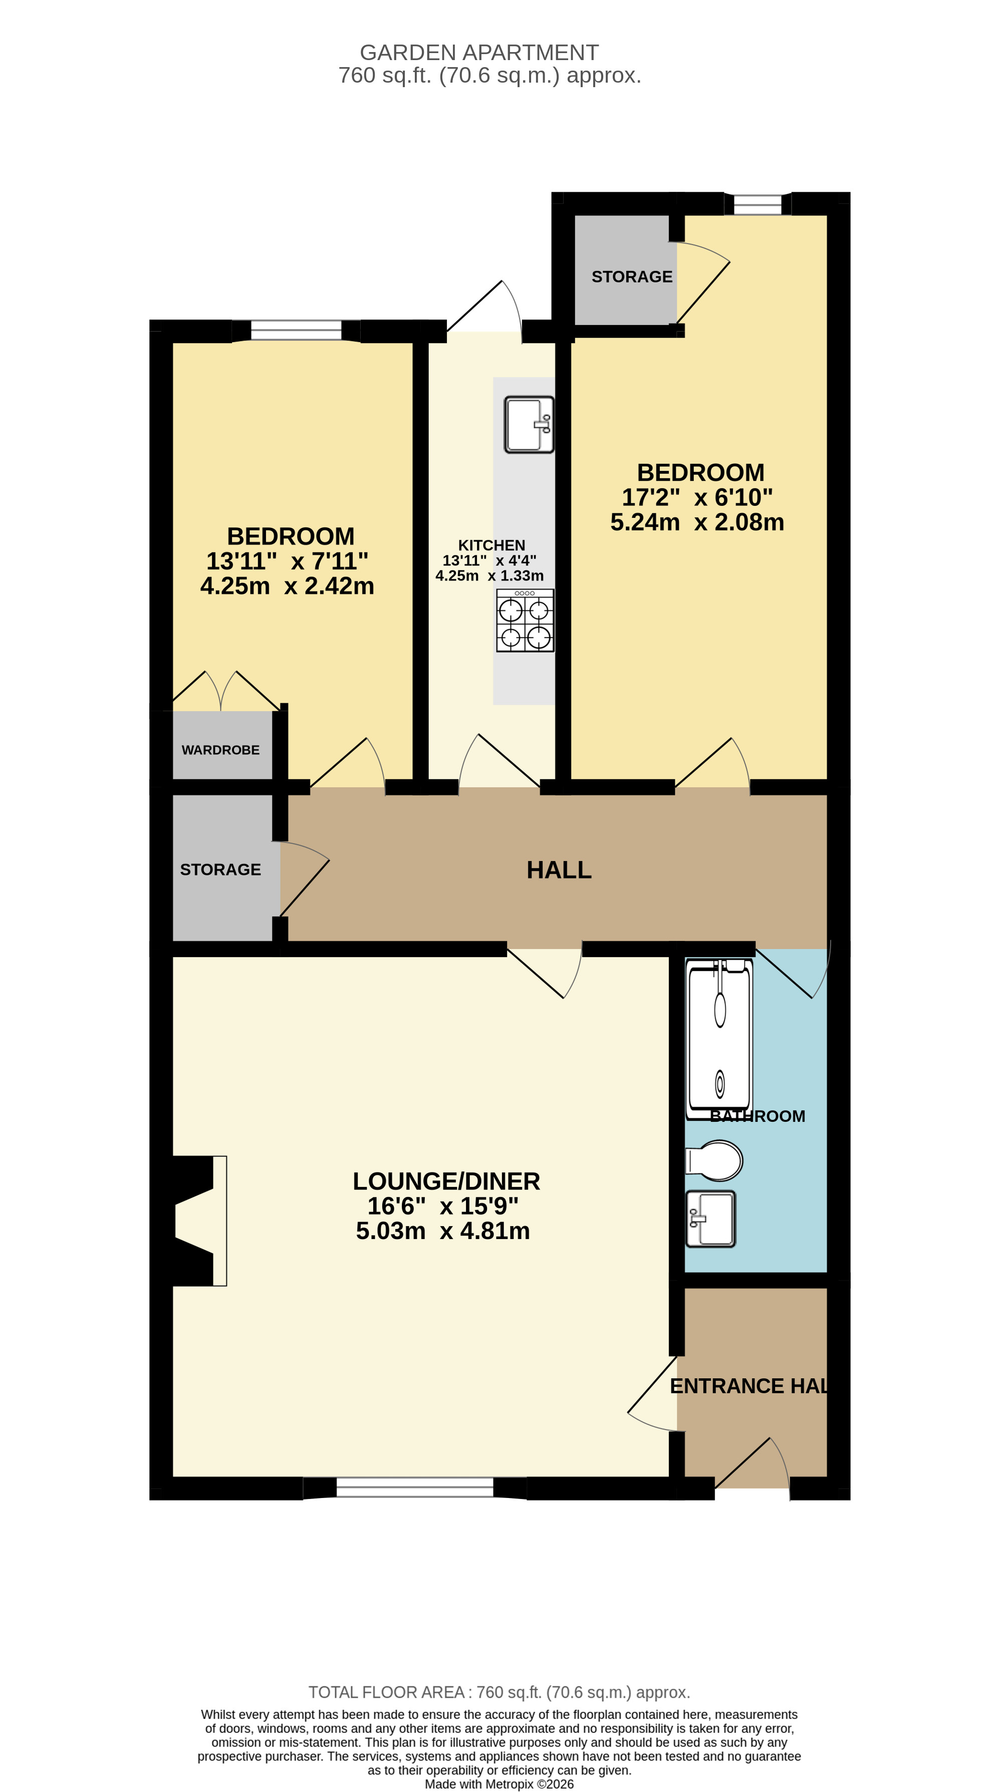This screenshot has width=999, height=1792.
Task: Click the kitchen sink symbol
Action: pos(529,424)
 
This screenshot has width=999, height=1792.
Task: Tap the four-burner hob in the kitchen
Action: pos(525,621)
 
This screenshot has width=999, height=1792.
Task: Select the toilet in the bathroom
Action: pos(715,1160)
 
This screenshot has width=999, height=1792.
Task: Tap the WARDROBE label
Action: pos(220,750)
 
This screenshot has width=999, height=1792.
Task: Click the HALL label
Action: pos(559,870)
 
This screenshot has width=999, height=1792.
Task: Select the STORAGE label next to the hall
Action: pos(220,869)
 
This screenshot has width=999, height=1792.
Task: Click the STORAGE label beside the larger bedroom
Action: pos(632,277)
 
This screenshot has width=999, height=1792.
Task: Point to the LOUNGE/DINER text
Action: pos(446,1181)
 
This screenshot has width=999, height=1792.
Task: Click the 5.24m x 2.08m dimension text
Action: pos(697,522)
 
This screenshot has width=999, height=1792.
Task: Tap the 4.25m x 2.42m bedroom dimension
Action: pos(287,586)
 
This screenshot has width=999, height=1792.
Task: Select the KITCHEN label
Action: pos(491,545)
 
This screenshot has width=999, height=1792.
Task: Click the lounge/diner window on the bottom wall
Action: pos(415,1487)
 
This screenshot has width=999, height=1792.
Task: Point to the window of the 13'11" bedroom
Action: pos(297,331)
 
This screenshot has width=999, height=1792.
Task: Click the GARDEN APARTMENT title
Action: pos(478,53)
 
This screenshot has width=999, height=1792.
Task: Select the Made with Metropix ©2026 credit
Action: pos(499,1783)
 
